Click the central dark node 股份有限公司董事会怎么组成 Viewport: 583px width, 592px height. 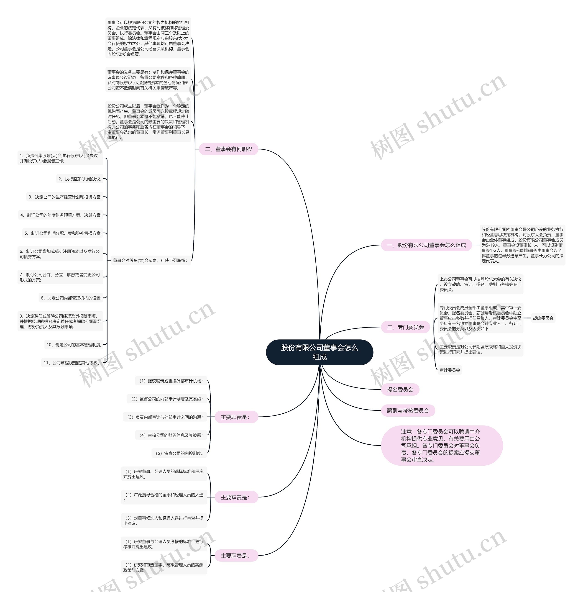coord(319,352)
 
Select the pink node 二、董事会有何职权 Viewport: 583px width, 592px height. coord(228,149)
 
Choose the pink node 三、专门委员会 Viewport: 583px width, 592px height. coord(405,327)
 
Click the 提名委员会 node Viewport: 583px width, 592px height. coord(400,390)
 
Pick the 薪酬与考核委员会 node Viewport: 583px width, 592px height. coord(408,410)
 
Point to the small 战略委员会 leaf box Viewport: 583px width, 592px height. coord(543,318)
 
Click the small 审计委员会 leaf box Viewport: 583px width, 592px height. coord(450,370)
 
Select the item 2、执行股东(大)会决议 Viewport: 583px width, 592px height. coord(80,179)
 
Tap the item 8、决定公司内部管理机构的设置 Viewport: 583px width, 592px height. coord(71,298)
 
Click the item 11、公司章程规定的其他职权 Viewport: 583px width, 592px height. coord(72,363)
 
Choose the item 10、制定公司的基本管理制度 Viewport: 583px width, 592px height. coord(74,345)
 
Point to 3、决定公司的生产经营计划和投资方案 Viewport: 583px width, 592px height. coord(65,197)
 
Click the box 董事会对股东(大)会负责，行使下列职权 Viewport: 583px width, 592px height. coord(150,260)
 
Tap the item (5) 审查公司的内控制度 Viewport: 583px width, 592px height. coord(179,453)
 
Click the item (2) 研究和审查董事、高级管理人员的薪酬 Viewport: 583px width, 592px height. coord(164,567)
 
